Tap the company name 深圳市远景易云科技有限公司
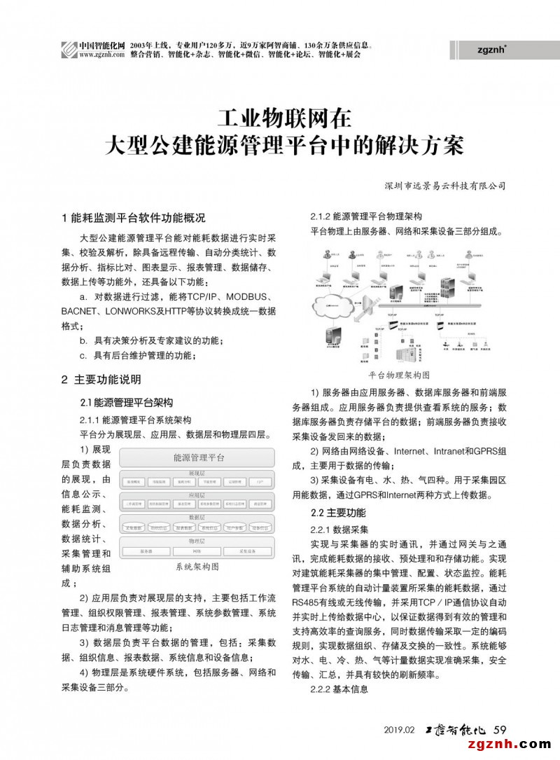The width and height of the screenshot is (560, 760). (445, 186)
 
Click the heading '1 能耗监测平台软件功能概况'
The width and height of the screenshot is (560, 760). (134, 217)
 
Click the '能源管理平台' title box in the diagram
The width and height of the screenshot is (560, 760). (198, 458)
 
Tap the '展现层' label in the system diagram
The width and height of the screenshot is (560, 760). (197, 474)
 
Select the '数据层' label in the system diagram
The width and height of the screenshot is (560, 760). (197, 518)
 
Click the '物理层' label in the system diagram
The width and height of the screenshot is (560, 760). (197, 541)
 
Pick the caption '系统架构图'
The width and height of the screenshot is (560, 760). (197, 565)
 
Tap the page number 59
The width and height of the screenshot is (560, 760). (500, 729)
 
